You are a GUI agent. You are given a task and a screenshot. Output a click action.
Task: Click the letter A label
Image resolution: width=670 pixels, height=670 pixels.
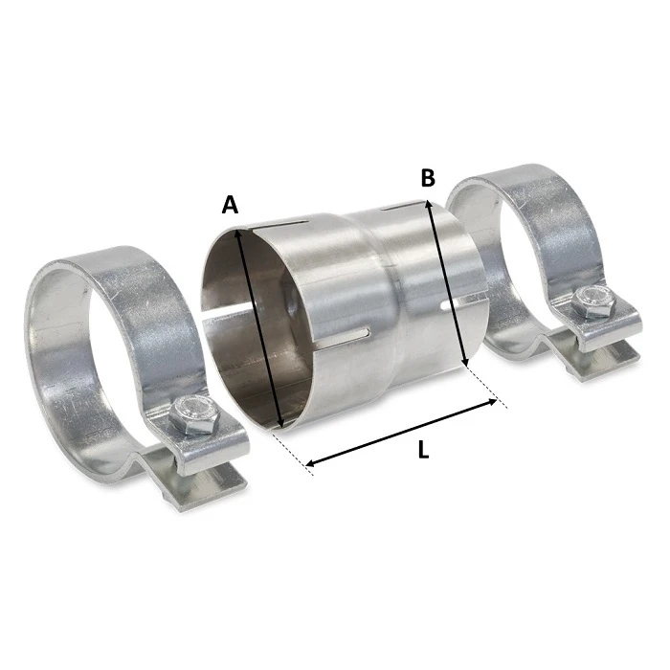click(x=229, y=204)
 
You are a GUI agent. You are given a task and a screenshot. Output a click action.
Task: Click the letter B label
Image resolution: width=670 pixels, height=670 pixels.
click(x=428, y=178)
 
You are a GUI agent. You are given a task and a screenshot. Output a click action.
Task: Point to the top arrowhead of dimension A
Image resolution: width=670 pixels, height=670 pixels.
click(x=234, y=227)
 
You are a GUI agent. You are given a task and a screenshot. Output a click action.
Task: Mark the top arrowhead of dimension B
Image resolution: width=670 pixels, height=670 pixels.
click(x=430, y=203)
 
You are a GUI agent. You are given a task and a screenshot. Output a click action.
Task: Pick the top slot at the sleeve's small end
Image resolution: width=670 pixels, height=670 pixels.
click(x=398, y=205)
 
